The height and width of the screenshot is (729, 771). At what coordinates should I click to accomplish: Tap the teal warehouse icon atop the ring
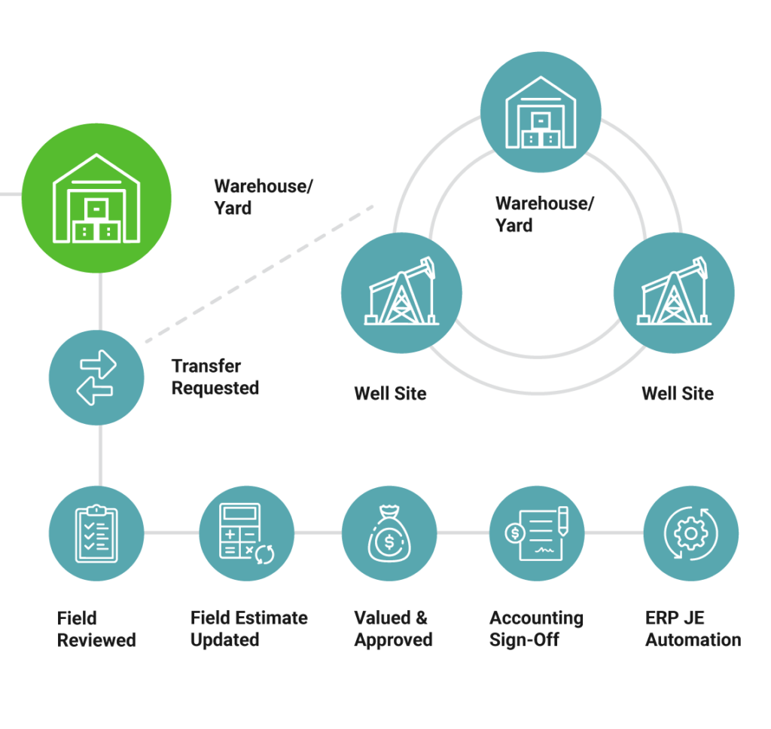tap(541, 112)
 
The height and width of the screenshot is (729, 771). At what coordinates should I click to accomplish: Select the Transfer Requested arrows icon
tap(96, 377)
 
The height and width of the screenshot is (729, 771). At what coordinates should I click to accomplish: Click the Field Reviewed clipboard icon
tap(96, 532)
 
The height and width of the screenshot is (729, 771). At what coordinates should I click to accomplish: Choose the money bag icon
tap(389, 532)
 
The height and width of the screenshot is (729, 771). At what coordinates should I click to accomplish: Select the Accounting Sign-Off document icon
tap(537, 532)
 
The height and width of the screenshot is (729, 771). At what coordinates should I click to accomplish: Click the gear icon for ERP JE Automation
tap(690, 532)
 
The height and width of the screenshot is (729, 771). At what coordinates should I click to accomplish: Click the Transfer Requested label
tap(215, 377)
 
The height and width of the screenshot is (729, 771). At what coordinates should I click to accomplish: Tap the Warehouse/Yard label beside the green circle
tap(262, 197)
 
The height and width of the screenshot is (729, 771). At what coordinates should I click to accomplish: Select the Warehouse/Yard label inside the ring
tap(544, 214)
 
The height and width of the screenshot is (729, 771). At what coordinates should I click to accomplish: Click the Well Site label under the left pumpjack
tap(390, 393)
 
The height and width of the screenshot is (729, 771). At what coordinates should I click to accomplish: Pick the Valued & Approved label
tap(393, 629)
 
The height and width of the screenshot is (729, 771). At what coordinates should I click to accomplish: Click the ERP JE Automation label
tap(692, 629)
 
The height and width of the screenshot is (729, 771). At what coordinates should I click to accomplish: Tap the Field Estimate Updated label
tap(248, 629)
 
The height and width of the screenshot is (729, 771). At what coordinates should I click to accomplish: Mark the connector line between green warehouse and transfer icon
tap(99, 301)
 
